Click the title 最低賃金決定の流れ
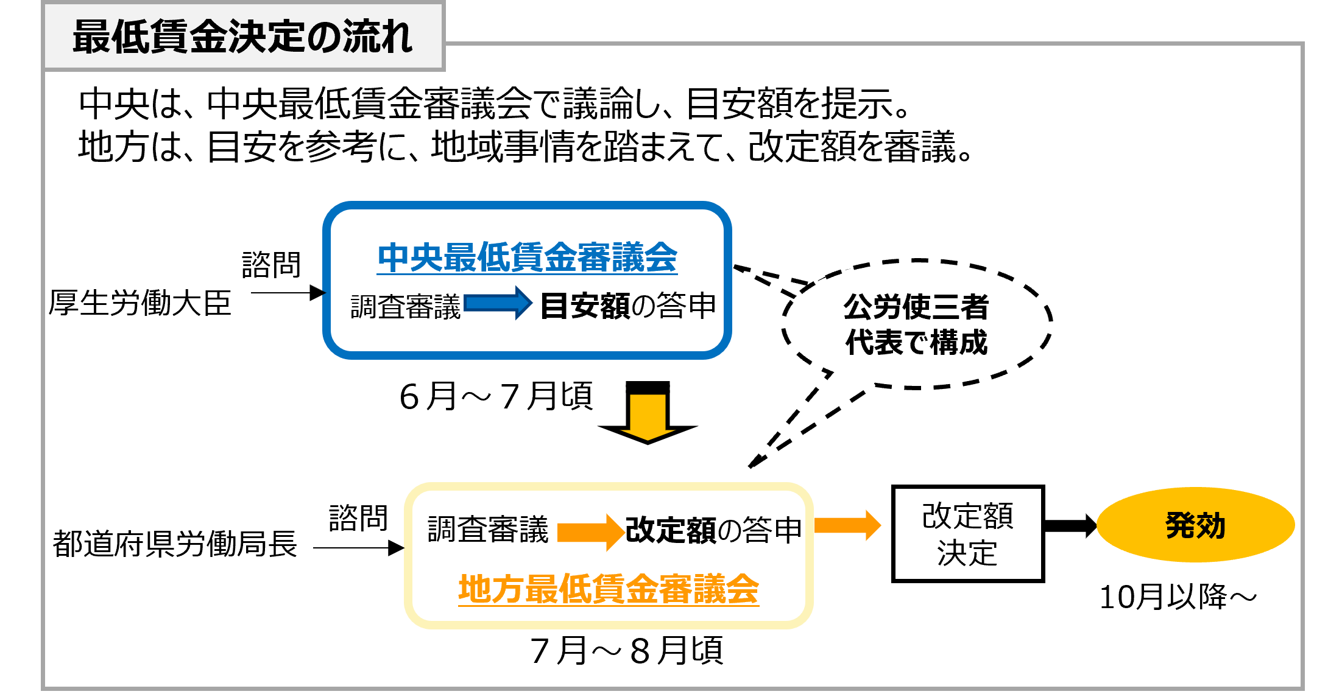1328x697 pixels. pos(242,37)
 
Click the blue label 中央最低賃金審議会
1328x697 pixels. pos(527,257)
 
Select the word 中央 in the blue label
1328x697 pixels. pos(409,257)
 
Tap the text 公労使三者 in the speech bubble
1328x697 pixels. pos(916,306)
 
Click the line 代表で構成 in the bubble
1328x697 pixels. pos(916,342)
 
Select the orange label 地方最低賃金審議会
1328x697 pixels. pos(608,589)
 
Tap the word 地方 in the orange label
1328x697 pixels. pos(491,589)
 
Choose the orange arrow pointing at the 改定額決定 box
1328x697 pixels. pos(847,525)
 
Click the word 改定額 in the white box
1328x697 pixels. pos(967,516)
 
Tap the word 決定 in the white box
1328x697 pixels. pos(967,553)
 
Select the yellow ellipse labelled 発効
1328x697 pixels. pos(1195,525)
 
